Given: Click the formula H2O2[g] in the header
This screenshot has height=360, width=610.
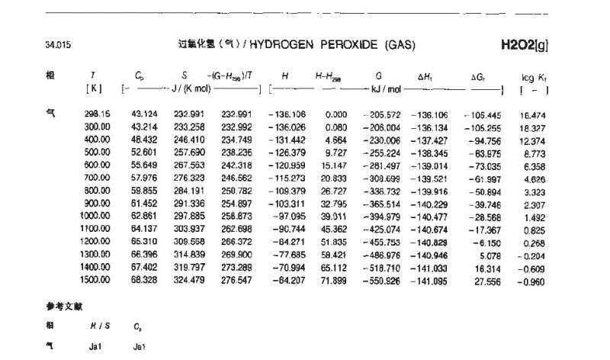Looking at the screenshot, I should coord(525,45).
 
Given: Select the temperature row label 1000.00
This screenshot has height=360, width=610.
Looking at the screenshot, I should coord(97,217).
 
